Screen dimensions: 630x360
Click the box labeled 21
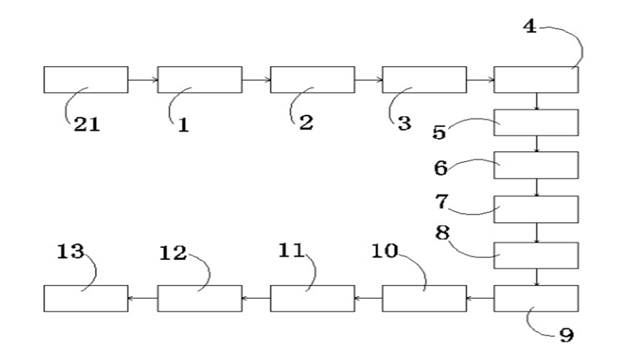pos(86,80)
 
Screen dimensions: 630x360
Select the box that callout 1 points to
pos(200,80)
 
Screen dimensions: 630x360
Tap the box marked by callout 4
pos(536,80)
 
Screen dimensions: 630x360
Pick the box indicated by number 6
pos(536,165)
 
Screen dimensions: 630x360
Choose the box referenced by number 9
pos(536,298)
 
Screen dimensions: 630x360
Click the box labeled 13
pos(86,298)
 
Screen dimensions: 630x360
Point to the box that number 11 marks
pos(312,298)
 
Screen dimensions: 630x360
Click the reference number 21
pos(86,125)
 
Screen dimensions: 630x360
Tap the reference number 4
pos(530,27)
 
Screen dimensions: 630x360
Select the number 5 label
pos(439,132)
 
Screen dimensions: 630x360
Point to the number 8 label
pos(442,233)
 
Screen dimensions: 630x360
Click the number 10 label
pos(385,251)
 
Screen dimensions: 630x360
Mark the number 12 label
pos(173,252)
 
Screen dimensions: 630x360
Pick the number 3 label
pos(405,123)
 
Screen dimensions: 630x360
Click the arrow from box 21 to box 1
pos(143,80)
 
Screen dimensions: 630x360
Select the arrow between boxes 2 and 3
pos(369,80)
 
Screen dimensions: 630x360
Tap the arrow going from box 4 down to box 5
pos(536,101)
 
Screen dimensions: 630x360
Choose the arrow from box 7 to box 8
pos(536,233)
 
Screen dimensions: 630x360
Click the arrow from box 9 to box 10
pos(480,298)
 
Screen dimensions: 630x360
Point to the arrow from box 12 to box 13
pos(143,298)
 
